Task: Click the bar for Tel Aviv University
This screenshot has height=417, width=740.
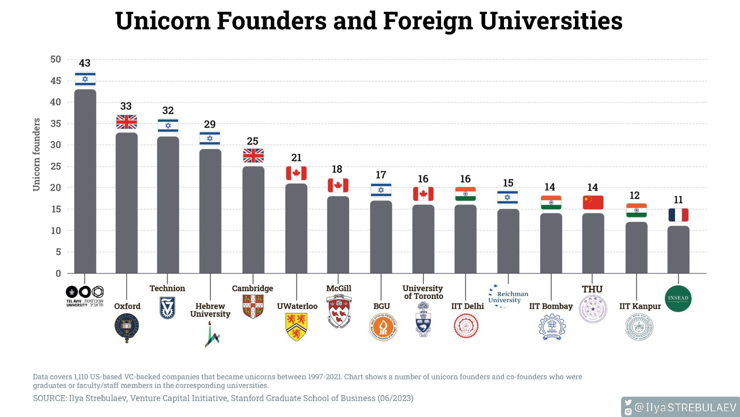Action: pos(85,182)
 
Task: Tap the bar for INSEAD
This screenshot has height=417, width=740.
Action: pos(678,250)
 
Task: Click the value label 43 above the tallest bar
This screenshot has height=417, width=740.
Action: pos(85,63)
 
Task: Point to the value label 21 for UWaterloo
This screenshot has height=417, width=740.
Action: pos(296,158)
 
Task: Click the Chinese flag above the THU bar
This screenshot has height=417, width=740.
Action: pos(593,202)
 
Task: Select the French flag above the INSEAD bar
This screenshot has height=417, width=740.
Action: pos(678,215)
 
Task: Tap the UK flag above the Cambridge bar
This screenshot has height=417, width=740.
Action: pos(253,156)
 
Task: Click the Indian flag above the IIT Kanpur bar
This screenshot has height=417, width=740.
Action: pos(636,210)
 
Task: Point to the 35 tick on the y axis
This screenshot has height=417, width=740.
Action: pos(55,123)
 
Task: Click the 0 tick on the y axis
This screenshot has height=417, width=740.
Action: pos(58,274)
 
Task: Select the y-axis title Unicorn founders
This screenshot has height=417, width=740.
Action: pos(36,155)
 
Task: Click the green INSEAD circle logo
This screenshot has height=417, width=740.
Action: pos(678,299)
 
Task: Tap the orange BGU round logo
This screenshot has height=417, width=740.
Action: pos(383,327)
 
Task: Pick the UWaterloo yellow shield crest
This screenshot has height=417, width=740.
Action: pos(296,327)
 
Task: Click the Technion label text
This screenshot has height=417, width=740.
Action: pos(167,288)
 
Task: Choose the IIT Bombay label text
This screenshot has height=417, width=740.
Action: pos(551,306)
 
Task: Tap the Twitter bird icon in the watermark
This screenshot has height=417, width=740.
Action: pos(628,403)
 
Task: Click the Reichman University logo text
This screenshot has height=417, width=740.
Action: pos(508,297)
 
